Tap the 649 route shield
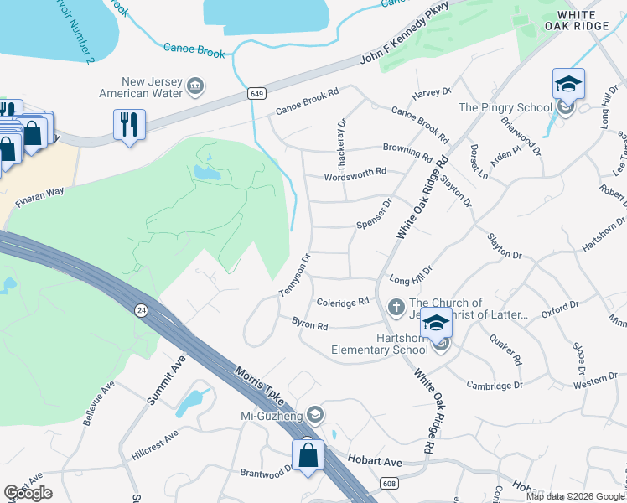[256, 94]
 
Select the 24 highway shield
[140, 310]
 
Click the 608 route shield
[388, 483]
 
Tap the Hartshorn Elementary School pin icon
[435, 324]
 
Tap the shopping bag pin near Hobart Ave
[308, 455]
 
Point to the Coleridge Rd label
[343, 302]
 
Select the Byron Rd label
[308, 322]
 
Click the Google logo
[28, 493]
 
